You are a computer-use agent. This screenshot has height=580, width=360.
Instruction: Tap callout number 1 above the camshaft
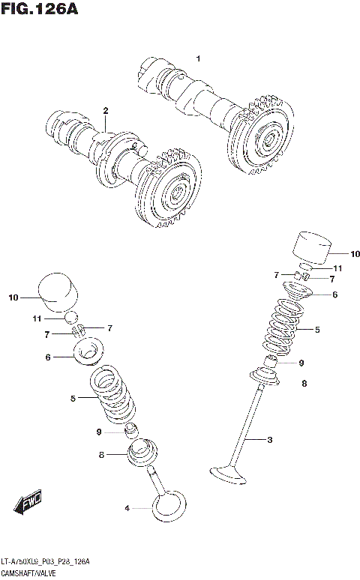(198, 58)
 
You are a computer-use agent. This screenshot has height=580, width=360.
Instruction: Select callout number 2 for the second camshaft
(105, 111)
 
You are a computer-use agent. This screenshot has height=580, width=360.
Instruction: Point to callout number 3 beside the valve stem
(269, 440)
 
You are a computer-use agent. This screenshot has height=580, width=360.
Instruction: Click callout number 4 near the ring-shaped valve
(127, 509)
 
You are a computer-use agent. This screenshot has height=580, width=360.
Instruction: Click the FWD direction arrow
(29, 507)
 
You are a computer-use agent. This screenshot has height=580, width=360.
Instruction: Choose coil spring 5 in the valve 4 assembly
(112, 396)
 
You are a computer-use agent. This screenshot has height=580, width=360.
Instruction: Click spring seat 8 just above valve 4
(142, 452)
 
